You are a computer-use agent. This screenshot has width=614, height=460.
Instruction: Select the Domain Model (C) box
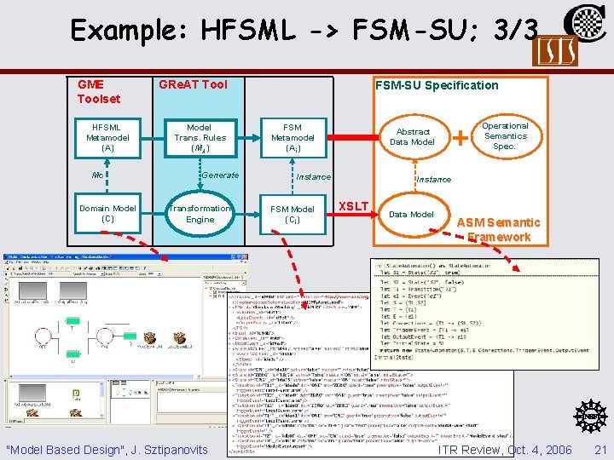point(107,213)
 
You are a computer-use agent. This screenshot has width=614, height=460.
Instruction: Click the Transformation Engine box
point(200,213)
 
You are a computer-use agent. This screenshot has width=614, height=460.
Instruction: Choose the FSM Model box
point(292,214)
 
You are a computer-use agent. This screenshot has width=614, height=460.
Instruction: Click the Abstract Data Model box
point(413,137)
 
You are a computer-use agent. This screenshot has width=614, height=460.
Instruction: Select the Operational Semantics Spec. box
point(505,136)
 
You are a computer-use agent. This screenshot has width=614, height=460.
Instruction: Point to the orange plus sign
point(461,136)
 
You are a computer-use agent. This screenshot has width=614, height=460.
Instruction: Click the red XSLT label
point(354,206)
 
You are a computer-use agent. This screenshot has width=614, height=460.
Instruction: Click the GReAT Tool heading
point(193,84)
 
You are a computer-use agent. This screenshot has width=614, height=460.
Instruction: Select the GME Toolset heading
point(98,91)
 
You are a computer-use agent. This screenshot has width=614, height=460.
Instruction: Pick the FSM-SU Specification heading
point(437,84)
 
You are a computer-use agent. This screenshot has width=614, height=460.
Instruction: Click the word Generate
point(220,175)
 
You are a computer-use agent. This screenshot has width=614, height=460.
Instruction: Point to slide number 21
point(599,449)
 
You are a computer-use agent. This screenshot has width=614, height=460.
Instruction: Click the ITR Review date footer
point(504,449)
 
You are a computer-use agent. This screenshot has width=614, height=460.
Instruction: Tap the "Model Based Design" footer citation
point(106,449)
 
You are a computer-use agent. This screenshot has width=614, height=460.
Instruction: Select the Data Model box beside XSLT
point(411,214)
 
